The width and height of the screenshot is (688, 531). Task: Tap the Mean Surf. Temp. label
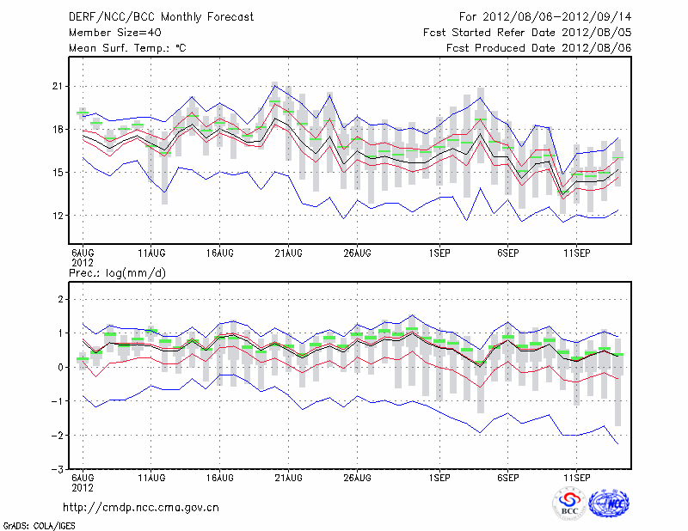[127, 48]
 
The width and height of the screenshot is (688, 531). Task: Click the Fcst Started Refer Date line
[527, 33]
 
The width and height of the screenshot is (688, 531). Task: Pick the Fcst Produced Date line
[539, 48]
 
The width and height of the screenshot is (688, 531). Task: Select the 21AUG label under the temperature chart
[288, 253]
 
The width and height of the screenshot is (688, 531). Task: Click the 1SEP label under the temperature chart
[439, 253]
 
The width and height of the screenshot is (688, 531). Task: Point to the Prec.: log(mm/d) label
[116, 273]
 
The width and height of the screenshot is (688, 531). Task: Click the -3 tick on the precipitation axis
[58, 470]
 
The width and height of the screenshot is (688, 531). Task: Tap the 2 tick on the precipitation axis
[61, 298]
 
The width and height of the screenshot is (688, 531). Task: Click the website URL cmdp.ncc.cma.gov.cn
[141, 508]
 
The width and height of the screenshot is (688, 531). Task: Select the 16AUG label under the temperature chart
[220, 253]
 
